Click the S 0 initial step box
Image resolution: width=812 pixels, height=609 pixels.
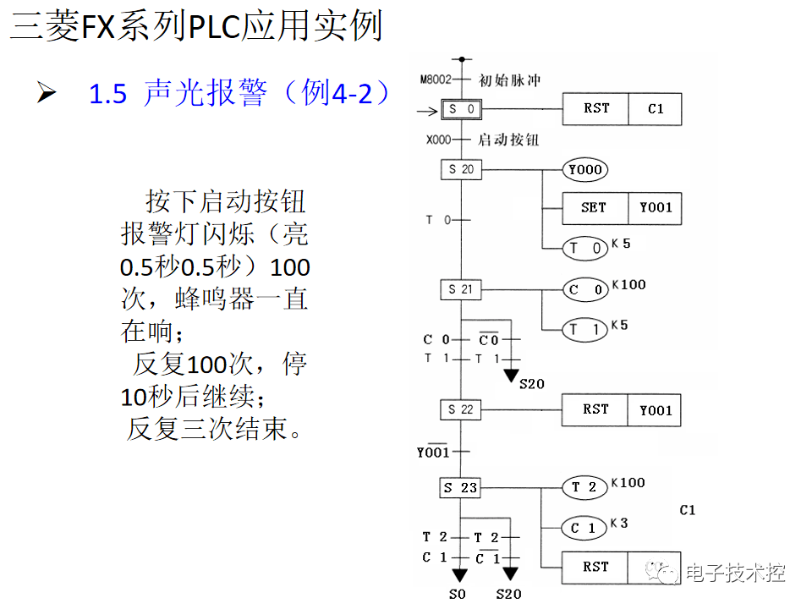[462, 109]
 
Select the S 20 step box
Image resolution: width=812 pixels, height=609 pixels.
[462, 169]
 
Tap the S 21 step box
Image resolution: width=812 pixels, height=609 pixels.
[462, 289]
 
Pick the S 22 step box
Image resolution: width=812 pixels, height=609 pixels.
[462, 409]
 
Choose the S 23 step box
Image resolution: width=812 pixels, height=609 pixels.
[462, 487]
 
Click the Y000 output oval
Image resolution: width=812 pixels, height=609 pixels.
[585, 170]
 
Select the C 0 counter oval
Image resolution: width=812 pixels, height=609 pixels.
[585, 290]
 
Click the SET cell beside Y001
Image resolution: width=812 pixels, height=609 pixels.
[595, 207]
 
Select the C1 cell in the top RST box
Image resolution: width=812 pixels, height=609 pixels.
[655, 109]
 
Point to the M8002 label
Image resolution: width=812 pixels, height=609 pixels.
[436, 80]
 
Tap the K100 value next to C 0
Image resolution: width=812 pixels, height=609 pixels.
[628, 285]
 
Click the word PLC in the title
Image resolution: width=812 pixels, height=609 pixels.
[214, 27]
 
